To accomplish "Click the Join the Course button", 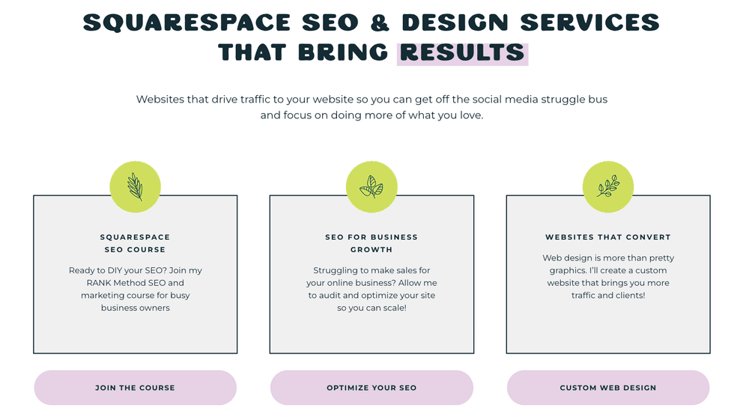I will pos(135,388).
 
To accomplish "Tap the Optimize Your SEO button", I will pos(372,388).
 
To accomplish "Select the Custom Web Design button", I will pos(607,388).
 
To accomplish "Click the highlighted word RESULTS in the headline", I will pos(462,53).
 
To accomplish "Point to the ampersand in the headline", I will pos(380,23).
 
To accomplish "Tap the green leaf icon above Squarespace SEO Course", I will pos(135,187).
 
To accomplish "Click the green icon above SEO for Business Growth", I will pos(372,187).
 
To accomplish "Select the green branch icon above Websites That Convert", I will pos(607,187).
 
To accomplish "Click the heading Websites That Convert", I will pos(607,237).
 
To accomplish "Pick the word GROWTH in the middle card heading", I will pos(372,249).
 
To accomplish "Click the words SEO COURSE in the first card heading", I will pos(135,249).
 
